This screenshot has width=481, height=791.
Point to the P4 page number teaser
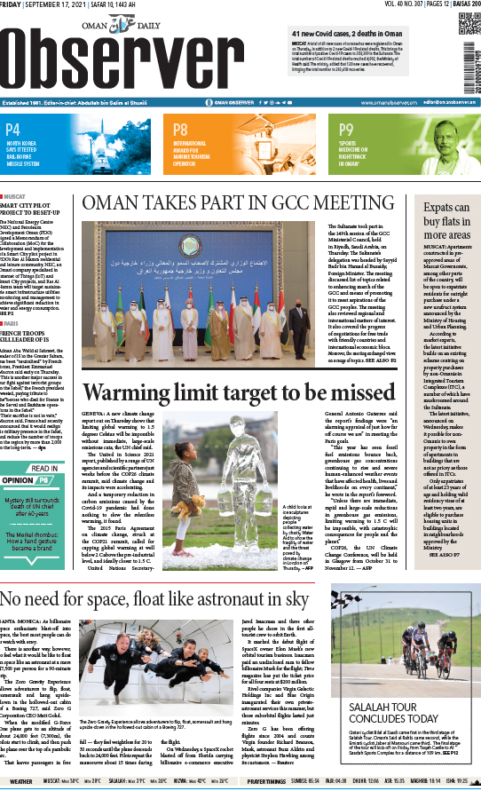pos(16,131)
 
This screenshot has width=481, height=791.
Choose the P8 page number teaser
pos(181,130)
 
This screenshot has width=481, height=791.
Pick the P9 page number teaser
pos(347,130)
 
